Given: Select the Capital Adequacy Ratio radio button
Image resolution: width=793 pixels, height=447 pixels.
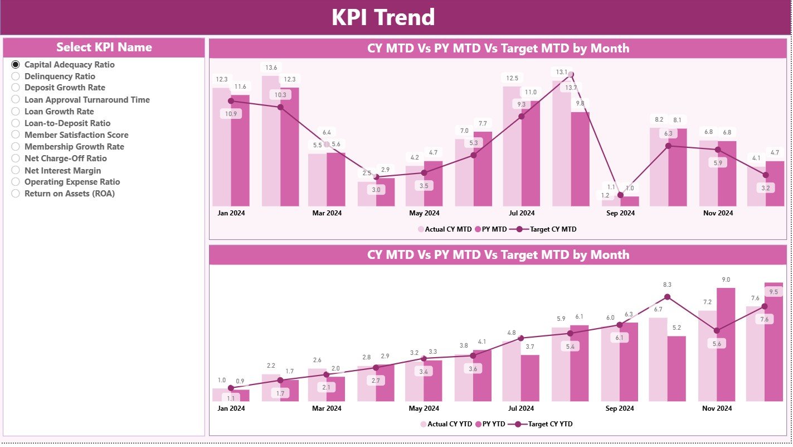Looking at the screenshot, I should (x=16, y=65).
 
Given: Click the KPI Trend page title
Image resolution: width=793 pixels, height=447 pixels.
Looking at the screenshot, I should (x=383, y=17).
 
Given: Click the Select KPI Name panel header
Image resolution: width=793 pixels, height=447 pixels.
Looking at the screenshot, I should (x=104, y=47).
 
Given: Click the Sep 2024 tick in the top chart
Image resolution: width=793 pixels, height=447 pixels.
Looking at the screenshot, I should (x=620, y=213).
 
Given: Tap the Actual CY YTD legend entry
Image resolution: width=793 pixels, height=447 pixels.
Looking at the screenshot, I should (x=445, y=424).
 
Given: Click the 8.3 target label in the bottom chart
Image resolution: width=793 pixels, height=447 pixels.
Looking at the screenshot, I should (x=667, y=285).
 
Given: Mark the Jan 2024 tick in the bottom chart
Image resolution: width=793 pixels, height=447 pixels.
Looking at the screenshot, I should (x=231, y=408).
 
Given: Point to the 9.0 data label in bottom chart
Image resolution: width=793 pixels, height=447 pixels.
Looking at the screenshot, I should (x=726, y=280).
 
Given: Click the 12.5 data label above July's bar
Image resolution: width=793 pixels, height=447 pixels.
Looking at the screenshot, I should (x=512, y=78).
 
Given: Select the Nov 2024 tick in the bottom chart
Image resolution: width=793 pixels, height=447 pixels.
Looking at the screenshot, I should (x=717, y=408).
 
